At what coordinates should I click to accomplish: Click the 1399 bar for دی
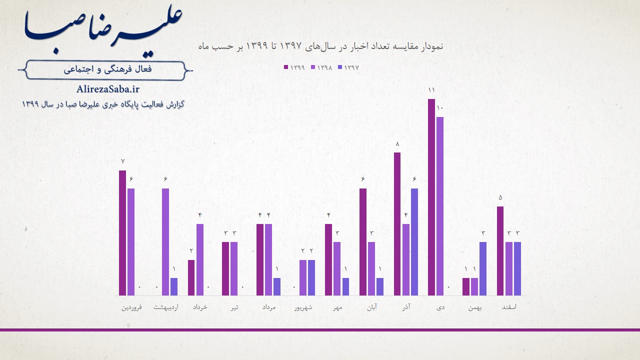pyautogui.click(x=431, y=197)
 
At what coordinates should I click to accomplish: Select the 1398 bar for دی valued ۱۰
pyautogui.click(x=440, y=206)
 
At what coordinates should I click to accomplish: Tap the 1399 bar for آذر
pyautogui.click(x=397, y=224)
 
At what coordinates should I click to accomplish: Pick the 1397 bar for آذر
pyautogui.click(x=414, y=242)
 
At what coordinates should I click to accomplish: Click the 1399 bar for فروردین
pyautogui.click(x=122, y=233)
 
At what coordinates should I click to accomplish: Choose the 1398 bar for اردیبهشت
pyautogui.click(x=165, y=242)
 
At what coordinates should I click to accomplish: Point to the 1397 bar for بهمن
pyautogui.click(x=483, y=268)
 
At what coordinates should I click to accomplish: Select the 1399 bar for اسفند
pyautogui.click(x=500, y=251)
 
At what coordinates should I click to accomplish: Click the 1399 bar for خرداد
pyautogui.click(x=191, y=277)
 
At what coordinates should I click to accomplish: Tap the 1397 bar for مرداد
pyautogui.click(x=277, y=286)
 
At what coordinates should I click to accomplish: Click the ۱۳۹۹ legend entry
pyautogui.click(x=294, y=67)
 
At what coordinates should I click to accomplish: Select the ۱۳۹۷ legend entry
pyautogui.click(x=349, y=67)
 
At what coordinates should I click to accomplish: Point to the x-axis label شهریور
pyautogui.click(x=303, y=307)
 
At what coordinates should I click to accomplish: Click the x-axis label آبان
pyautogui.click(x=371, y=307)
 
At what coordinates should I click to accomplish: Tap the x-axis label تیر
pyautogui.click(x=234, y=307)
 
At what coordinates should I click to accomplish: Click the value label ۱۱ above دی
pyautogui.click(x=431, y=90)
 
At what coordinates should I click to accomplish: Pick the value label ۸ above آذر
pyautogui.click(x=397, y=144)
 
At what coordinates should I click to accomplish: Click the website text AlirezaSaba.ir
pyautogui.click(x=108, y=89)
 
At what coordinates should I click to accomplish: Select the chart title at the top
pyautogui.click(x=320, y=46)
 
